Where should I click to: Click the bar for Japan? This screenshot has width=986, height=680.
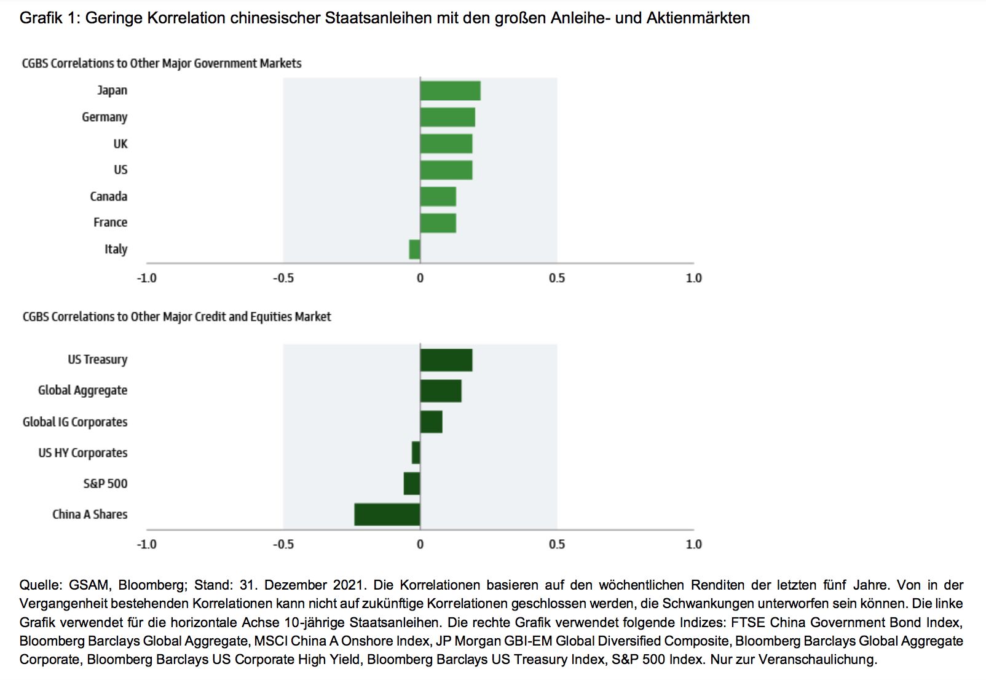(x=450, y=90)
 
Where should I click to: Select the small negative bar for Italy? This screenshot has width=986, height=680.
(x=415, y=250)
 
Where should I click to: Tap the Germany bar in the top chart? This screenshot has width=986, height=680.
(x=448, y=117)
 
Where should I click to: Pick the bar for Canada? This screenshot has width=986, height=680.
(x=438, y=197)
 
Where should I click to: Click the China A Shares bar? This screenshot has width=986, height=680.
(x=387, y=515)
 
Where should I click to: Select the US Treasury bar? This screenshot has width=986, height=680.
(x=446, y=360)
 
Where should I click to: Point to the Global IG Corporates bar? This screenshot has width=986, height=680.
(x=432, y=422)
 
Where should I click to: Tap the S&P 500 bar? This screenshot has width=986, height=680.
(x=412, y=483)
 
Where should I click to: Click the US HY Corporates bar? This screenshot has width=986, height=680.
(x=416, y=453)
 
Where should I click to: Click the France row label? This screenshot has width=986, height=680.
(x=111, y=223)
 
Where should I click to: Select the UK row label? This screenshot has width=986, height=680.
(x=120, y=144)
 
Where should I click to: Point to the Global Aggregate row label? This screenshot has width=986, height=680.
(x=83, y=390)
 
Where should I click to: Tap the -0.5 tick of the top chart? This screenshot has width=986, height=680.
(x=283, y=279)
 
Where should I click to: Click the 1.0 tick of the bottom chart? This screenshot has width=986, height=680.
(x=693, y=544)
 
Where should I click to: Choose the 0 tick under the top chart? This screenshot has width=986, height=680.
(x=420, y=279)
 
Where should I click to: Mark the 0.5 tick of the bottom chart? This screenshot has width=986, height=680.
(x=557, y=544)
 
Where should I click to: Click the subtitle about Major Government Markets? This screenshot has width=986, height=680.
(x=162, y=63)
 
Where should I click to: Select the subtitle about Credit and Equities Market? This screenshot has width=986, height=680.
(x=177, y=317)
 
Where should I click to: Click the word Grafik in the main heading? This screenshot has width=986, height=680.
(x=41, y=18)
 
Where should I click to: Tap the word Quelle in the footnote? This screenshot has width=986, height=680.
(x=40, y=585)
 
